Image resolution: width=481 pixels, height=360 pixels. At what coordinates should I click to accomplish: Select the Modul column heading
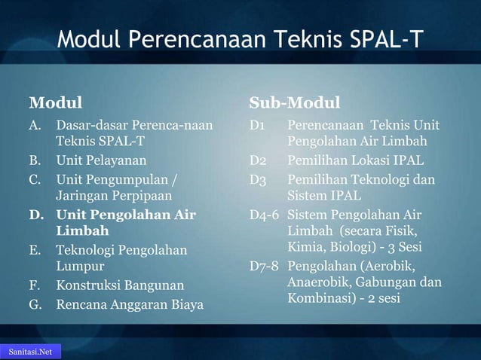(x=55, y=102)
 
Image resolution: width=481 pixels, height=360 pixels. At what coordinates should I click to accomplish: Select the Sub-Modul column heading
(x=295, y=102)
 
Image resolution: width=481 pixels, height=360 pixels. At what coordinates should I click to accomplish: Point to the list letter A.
(x=35, y=124)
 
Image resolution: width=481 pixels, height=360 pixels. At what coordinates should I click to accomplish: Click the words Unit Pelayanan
(x=101, y=160)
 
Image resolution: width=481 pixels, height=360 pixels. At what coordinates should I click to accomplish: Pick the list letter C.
(x=35, y=180)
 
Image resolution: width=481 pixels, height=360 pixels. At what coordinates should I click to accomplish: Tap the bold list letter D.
(x=35, y=215)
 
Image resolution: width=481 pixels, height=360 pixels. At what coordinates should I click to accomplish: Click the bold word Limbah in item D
(x=82, y=231)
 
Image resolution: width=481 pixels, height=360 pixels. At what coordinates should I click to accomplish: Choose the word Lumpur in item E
(x=80, y=266)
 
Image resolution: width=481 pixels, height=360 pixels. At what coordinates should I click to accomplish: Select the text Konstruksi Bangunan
(x=119, y=285)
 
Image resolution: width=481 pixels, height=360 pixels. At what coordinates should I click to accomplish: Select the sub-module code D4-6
(x=265, y=215)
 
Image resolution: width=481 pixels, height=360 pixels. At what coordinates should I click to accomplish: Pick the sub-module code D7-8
(x=265, y=266)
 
